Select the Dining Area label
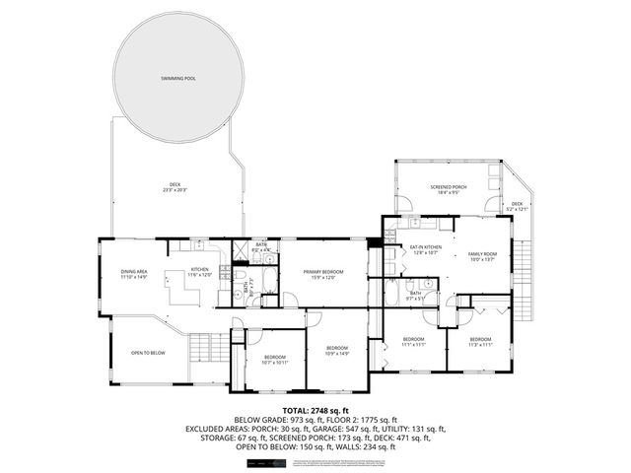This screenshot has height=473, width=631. pyautogui.click(x=133, y=274)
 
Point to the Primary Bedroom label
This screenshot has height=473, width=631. pyautogui.click(x=323, y=275)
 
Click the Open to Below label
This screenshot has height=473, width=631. pyautogui.click(x=148, y=352)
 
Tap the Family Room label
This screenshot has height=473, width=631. pyautogui.click(x=482, y=257)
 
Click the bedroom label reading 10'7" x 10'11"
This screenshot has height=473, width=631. pyautogui.click(x=275, y=360)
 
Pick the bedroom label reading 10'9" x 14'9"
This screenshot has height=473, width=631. pyautogui.click(x=337, y=351)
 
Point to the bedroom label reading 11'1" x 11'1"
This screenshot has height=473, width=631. pyautogui.click(x=413, y=342)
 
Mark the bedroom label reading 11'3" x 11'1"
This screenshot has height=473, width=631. pyautogui.click(x=480, y=342)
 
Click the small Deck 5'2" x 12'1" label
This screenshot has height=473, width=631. pyautogui.click(x=517, y=207)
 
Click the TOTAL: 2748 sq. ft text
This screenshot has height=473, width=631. pyautogui.click(x=315, y=409)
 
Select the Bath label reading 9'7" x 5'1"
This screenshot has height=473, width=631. pyautogui.click(x=415, y=294)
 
